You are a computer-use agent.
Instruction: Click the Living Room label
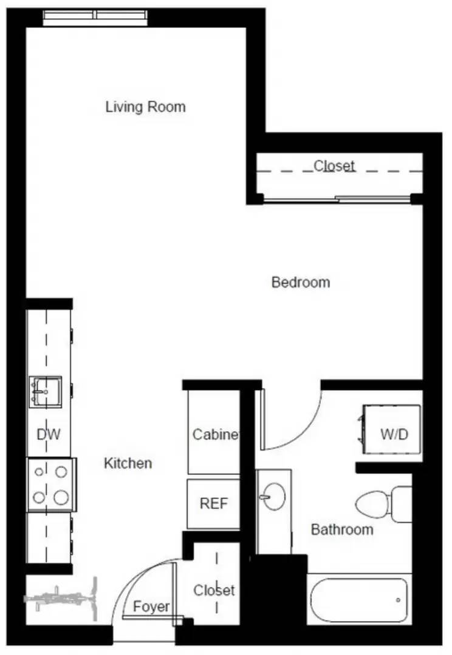(145, 107)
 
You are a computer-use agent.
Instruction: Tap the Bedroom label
(301, 283)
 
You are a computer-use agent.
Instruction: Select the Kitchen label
(128, 463)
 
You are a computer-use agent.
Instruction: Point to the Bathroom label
(342, 529)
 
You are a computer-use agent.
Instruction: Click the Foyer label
(151, 606)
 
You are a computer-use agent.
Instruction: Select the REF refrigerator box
(213, 504)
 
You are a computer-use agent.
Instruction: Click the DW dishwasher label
(49, 434)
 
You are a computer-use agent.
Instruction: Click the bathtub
(358, 600)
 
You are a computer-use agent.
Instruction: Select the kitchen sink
(45, 392)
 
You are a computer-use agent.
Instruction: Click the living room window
(95, 18)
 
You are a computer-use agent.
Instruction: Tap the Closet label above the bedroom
(334, 166)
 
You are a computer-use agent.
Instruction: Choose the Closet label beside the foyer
(214, 590)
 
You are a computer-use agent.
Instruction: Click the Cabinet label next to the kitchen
(215, 434)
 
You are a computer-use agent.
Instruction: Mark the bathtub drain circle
(398, 600)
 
